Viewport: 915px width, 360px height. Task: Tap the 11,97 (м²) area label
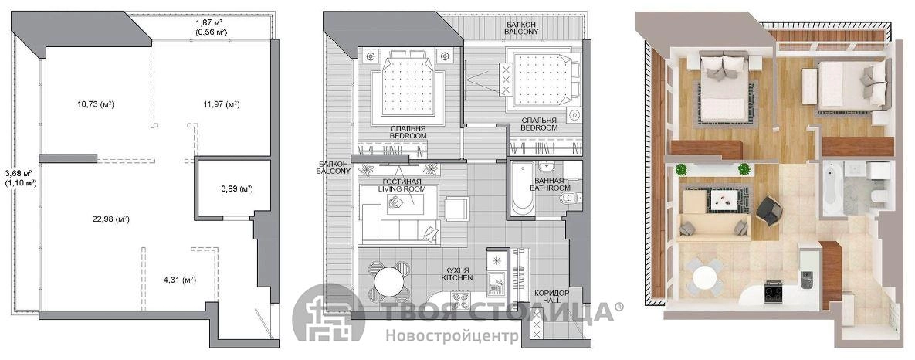point(222,104)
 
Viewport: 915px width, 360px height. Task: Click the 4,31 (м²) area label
point(179,280)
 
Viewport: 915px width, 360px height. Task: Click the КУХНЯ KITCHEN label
point(457,273)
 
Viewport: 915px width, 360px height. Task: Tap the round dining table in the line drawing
point(389,283)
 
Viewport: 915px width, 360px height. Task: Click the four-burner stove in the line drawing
point(459,301)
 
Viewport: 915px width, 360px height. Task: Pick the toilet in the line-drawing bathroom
point(568,199)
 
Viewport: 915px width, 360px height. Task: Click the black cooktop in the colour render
point(774,292)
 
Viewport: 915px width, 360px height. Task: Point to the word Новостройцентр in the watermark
point(451,337)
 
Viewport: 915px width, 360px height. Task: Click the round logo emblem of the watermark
point(328,314)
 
